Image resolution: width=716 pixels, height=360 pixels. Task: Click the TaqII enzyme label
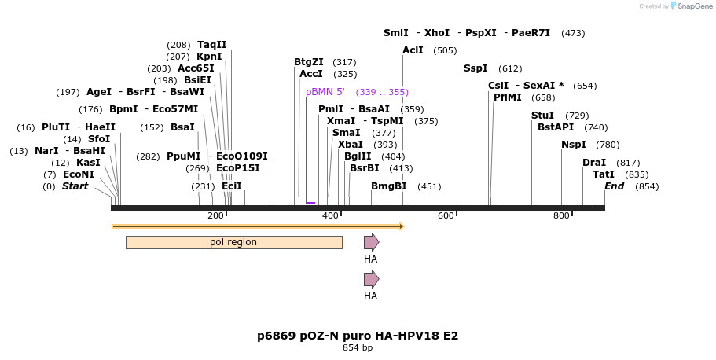[211, 45]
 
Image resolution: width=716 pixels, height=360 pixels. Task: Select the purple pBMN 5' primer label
[325, 92]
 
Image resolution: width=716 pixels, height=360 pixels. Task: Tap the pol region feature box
[233, 242]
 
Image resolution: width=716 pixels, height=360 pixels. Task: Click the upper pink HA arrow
[371, 242]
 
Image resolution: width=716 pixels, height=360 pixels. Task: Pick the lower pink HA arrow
[371, 279]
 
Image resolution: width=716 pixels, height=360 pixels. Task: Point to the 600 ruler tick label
[446, 215]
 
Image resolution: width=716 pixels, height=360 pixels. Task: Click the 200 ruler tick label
[215, 215]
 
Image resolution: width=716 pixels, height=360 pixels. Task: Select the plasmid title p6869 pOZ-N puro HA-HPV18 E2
[358, 336]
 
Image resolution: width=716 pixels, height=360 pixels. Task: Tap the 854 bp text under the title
[358, 347]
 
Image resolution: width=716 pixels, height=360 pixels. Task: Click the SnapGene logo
[689, 6]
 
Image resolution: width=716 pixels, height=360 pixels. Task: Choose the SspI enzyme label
[475, 68]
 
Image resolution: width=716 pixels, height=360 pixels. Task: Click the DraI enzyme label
[594, 162]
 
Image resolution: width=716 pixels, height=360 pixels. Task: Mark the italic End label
[614, 186]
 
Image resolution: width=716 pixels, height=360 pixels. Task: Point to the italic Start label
[75, 186]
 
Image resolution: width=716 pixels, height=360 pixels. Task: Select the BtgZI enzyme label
[309, 62]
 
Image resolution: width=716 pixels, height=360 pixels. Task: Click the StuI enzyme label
[542, 116]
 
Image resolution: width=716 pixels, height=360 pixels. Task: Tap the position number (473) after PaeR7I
[573, 33]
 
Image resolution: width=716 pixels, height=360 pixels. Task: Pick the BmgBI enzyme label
[389, 186]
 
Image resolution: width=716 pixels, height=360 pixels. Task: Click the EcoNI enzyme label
[79, 174]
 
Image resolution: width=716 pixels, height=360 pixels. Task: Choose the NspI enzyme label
[574, 145]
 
